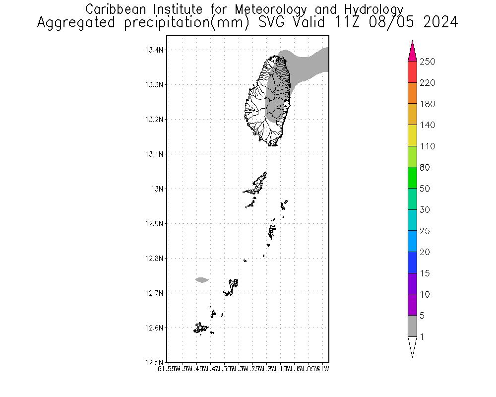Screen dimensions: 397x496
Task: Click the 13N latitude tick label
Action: [157, 189]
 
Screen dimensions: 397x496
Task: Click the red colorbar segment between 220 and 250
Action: [412, 72]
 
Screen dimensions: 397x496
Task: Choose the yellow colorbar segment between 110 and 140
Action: [412, 135]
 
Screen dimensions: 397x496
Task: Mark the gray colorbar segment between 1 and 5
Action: [412, 326]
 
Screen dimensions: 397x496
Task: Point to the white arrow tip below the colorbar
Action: [412, 346]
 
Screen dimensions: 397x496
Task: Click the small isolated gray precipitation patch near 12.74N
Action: [202, 280]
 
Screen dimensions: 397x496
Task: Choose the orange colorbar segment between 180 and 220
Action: [412, 93]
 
